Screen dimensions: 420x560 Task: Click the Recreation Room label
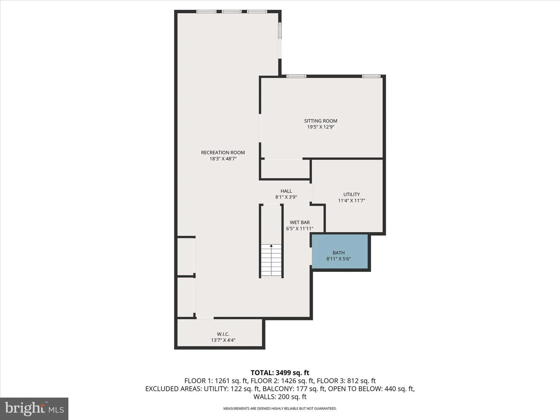point(223,153)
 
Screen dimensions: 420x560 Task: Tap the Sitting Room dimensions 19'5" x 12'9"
point(321,127)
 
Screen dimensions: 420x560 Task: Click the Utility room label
point(351,194)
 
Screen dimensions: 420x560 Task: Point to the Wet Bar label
point(300,222)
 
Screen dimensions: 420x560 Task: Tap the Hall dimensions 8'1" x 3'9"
point(286,197)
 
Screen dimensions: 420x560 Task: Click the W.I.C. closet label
point(223,334)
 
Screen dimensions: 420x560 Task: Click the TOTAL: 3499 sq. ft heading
point(280,373)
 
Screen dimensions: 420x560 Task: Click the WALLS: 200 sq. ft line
point(280,397)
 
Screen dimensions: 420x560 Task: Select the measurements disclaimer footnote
point(280,409)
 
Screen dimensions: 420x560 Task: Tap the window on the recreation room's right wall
point(279,31)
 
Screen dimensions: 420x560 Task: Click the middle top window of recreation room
point(232,11)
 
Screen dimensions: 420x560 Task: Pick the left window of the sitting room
point(296,76)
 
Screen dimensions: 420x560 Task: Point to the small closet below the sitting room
point(285,169)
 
